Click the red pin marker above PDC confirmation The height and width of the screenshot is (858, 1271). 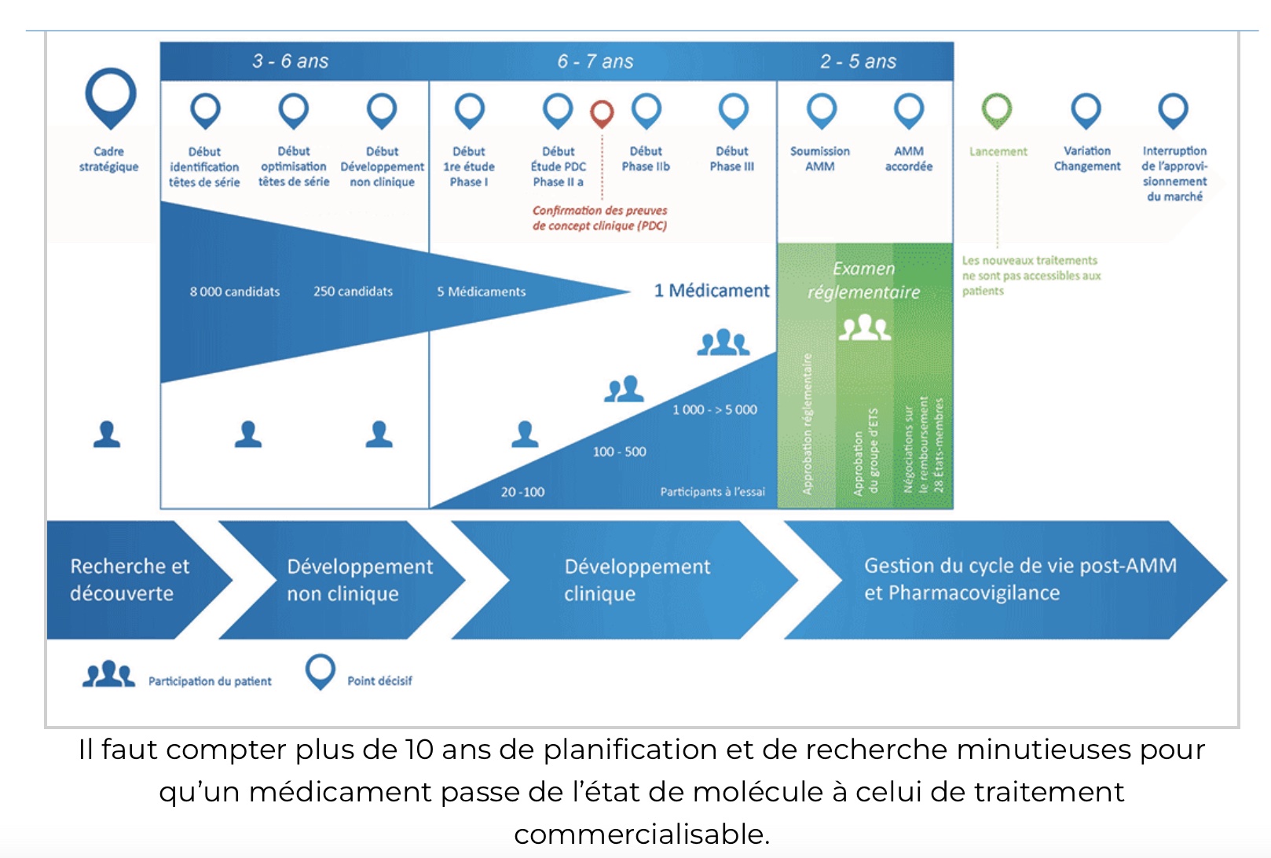602,112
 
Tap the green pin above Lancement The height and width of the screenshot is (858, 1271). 997,109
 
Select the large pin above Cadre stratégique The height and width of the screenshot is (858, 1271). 110,95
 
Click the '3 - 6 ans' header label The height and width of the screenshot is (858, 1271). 290,61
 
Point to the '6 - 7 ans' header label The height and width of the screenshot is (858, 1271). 595,61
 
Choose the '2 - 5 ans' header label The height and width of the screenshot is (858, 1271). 858,61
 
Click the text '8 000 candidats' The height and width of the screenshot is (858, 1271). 234,291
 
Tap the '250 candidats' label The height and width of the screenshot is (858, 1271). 353,291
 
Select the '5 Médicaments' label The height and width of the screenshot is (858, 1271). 481,291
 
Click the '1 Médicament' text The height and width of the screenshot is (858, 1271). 712,291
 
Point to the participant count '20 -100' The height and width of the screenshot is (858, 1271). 522,492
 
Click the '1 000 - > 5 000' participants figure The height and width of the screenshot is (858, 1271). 714,409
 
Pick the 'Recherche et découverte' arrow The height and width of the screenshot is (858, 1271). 130,580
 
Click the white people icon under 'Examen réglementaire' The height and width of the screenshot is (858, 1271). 864,327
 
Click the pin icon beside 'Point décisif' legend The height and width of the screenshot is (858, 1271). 320,672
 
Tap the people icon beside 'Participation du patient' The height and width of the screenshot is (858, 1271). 108,674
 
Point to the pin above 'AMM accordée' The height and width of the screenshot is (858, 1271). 908,110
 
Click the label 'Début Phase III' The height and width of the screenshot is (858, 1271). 731,159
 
